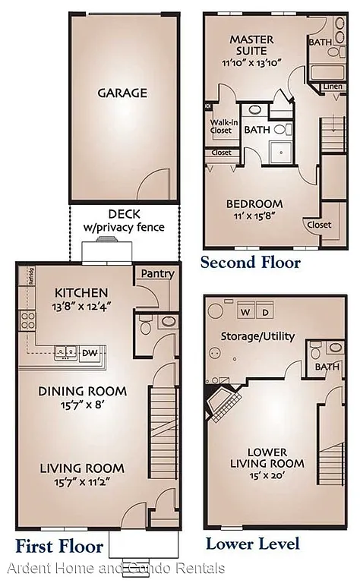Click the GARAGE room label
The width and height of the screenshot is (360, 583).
[122, 93]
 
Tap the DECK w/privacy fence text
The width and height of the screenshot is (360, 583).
[123, 221]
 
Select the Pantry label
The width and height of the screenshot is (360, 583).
[157, 274]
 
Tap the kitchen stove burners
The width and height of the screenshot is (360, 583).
[27, 320]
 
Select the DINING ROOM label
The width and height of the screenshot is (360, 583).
[83, 392]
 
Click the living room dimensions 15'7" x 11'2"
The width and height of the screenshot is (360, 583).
[81, 483]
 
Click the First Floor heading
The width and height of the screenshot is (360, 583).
[58, 545]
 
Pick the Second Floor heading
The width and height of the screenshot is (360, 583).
[250, 263]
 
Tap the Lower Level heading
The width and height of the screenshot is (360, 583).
[252, 544]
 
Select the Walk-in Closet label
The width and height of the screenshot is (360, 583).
[221, 126]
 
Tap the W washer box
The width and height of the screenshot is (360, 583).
[245, 312]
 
